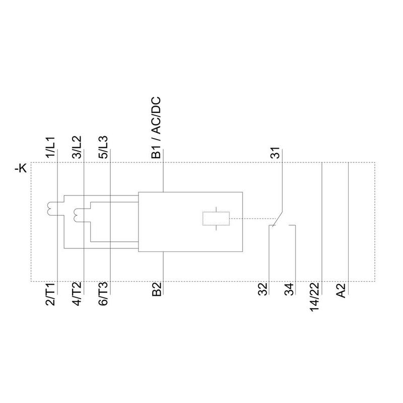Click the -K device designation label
21,169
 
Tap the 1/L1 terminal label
50,147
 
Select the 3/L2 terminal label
77,147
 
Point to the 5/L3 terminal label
103,147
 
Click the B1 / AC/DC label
156,127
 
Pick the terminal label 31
275,153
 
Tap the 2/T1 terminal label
50,294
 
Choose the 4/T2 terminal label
77,294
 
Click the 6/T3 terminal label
103,294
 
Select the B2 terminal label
157,289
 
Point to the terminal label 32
262,289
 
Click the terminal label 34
289,289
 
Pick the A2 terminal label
342,290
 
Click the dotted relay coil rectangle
216,219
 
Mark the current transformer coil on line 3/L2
77,215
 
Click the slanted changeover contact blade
278,219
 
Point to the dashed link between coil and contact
253,219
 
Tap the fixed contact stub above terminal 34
292,225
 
